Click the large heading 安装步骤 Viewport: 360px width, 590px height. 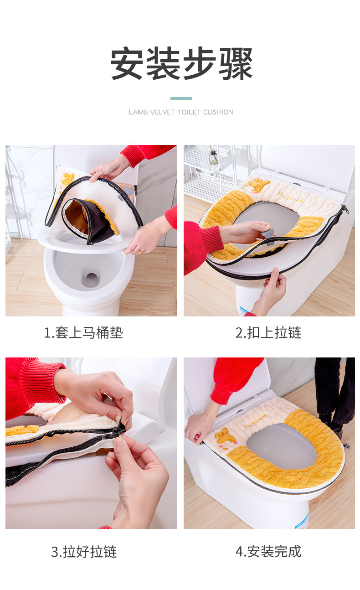181,63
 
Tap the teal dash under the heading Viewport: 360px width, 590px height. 181,98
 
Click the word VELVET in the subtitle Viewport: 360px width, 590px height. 162,112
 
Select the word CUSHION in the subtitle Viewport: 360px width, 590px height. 218,112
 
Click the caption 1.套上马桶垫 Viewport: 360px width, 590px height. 83,332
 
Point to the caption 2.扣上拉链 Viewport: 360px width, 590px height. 268,332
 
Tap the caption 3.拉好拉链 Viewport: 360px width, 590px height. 84,552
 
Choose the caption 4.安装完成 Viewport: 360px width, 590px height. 268,552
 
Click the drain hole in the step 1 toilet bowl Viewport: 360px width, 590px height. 91,279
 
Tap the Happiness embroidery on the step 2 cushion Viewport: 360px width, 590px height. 291,197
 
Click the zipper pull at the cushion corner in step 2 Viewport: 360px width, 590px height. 345,209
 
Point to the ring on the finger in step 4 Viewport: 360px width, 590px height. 187,431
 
